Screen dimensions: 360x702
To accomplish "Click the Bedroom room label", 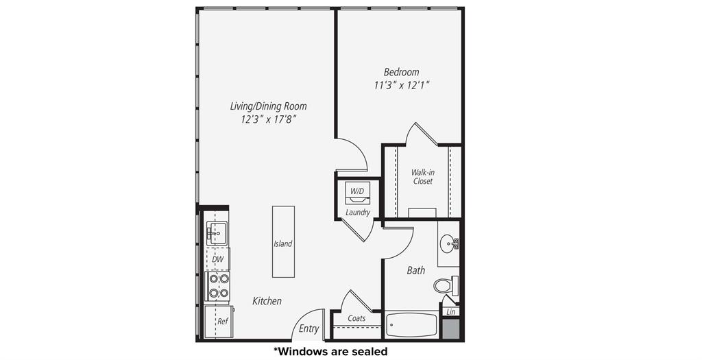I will coord(401,72).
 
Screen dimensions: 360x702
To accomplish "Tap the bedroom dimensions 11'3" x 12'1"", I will coord(401,86).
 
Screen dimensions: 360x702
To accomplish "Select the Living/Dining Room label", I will coord(268,106).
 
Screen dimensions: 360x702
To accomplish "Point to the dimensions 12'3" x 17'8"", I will coord(268,120).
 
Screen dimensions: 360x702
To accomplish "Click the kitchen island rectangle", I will coord(283,241).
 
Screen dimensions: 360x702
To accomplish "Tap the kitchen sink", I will coord(217,232).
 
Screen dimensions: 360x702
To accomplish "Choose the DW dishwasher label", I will coord(217,259).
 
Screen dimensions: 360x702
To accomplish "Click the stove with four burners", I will coord(218,286).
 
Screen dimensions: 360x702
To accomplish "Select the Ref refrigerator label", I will coord(222,321).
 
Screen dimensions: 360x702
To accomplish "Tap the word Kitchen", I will coord(267,301).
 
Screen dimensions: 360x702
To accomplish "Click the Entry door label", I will coord(308,329).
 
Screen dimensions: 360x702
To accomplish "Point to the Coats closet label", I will coord(356,318).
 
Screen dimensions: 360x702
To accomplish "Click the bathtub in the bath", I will coord(411,325).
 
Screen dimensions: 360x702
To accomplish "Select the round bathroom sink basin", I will coord(449,242).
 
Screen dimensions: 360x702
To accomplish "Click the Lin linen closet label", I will coord(450,312).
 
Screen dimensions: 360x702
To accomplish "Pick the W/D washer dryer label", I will coord(357,191).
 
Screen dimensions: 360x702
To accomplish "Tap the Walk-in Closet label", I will coord(422,177).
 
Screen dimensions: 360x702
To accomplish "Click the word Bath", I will coord(416,271).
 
